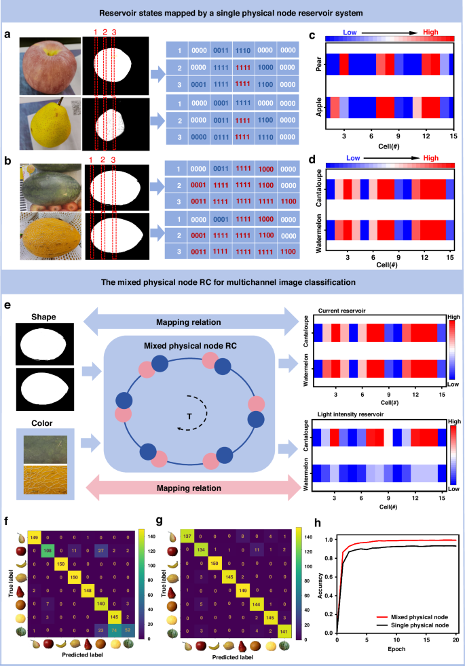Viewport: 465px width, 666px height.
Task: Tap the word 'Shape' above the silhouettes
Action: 46,317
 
